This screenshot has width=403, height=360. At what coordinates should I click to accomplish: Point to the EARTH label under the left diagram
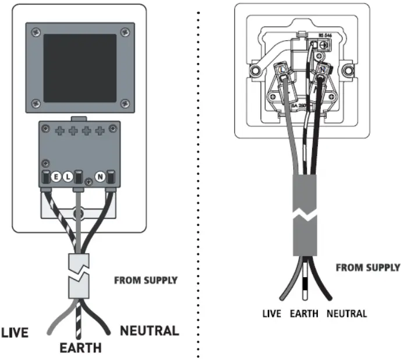click(x=80, y=348)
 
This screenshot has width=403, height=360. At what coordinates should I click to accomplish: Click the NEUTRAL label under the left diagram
click(x=149, y=331)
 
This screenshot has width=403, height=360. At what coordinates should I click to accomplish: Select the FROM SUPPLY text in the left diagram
click(x=146, y=280)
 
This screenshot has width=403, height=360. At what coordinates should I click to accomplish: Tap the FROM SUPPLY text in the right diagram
click(x=367, y=268)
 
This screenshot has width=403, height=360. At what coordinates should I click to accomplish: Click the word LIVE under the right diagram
click(x=271, y=313)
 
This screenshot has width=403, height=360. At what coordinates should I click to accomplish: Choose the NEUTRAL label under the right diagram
click(x=347, y=313)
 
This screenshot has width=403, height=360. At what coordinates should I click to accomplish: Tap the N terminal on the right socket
click(x=321, y=70)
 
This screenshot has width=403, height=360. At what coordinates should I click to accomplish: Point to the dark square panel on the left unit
click(x=80, y=68)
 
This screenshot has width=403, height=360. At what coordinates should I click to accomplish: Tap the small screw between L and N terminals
click(x=87, y=182)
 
